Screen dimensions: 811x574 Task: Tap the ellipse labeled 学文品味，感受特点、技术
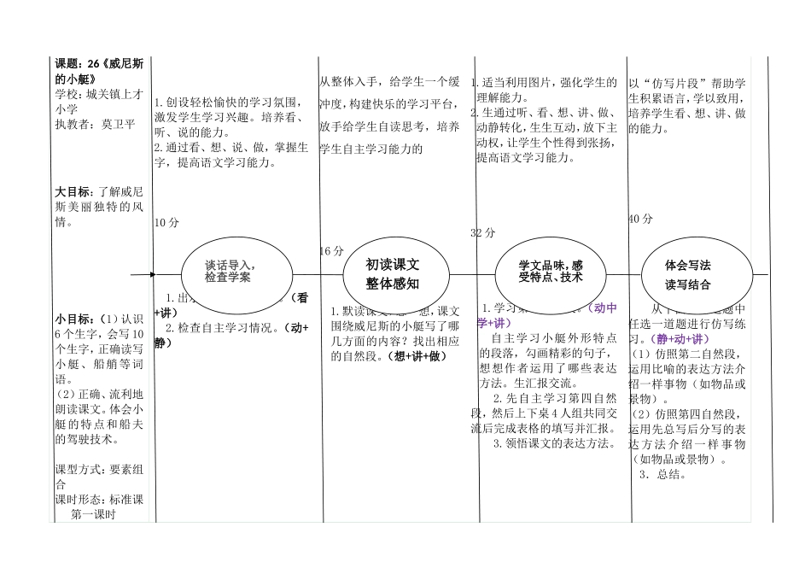(551, 272)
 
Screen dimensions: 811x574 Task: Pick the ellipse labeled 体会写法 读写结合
(697, 274)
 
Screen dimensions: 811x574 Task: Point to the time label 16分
(331, 251)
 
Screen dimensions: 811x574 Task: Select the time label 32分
(482, 233)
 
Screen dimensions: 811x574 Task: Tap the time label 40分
(639, 219)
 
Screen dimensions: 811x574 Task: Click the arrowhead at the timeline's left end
(153, 275)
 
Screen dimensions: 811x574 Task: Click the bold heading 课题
(69, 64)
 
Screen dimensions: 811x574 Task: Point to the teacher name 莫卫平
(119, 124)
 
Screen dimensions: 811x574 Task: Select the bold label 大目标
(73, 192)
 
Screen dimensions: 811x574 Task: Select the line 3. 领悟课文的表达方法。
(555, 443)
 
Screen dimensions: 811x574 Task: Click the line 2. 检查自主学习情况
(228, 327)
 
